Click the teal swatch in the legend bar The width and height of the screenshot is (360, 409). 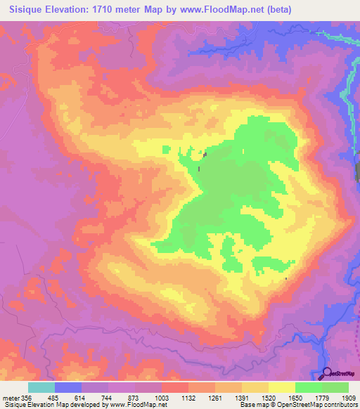pos(41,387)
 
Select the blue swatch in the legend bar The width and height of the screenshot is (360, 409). pos(68,387)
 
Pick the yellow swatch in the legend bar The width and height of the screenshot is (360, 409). pos(282,387)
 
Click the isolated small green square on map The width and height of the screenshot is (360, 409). pos(166,148)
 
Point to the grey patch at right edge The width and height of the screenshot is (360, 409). pos(357,171)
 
